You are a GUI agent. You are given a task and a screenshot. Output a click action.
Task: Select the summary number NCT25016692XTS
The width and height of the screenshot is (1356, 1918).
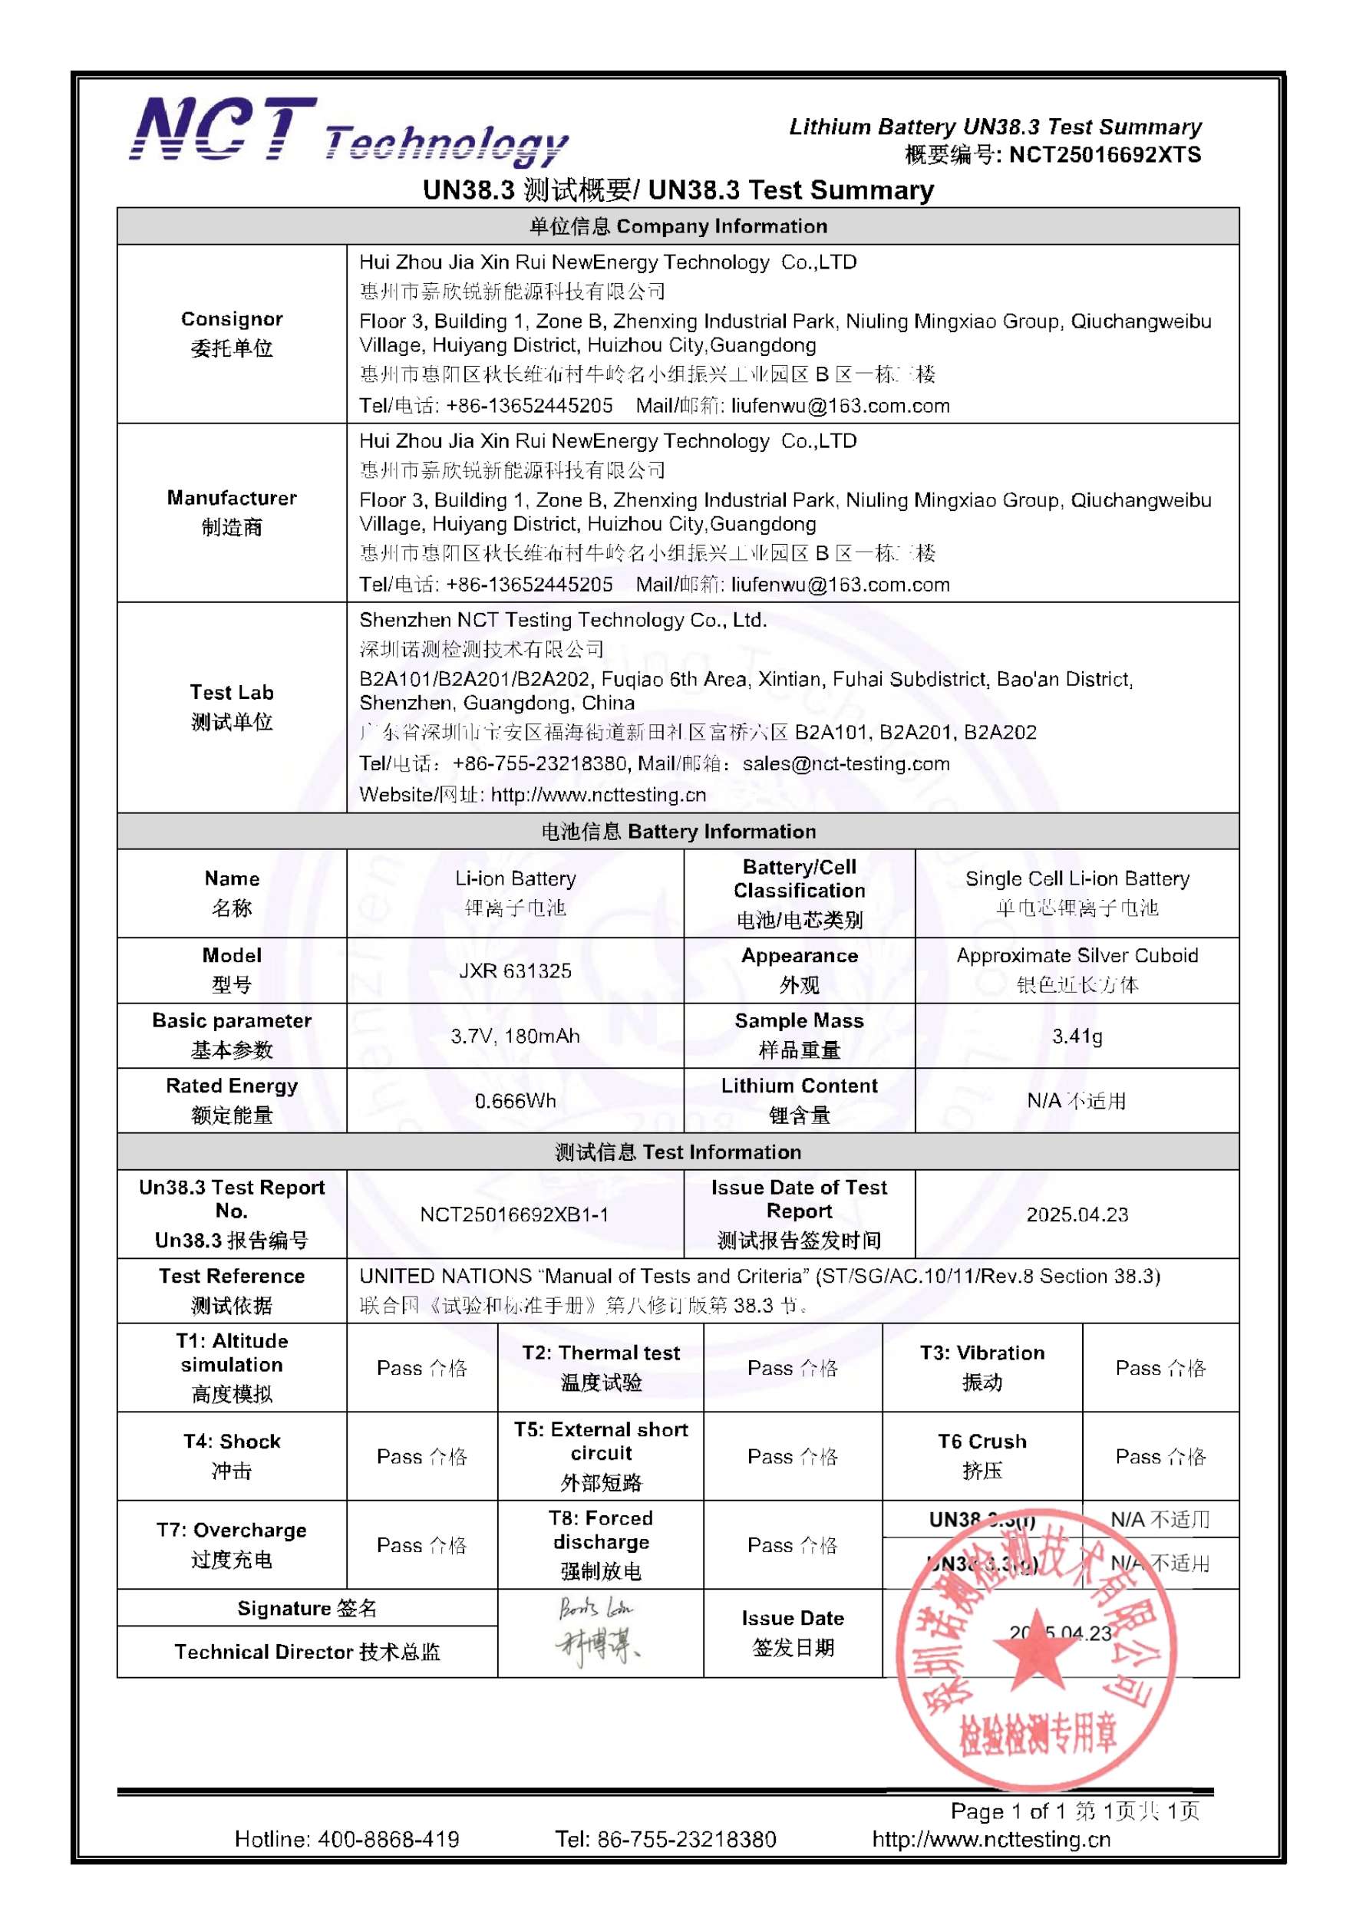tap(1104, 154)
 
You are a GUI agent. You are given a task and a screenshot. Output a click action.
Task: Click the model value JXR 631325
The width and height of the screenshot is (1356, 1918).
tap(515, 971)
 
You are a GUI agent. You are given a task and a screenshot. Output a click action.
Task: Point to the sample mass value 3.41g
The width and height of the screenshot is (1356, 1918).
tap(1076, 1036)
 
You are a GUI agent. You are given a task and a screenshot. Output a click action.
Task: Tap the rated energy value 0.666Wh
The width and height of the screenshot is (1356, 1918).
tap(515, 1101)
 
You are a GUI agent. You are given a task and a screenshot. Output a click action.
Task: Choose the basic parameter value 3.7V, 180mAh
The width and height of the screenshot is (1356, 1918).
tap(515, 1036)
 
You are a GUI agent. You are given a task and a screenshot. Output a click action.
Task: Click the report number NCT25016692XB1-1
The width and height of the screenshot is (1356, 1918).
tap(515, 1214)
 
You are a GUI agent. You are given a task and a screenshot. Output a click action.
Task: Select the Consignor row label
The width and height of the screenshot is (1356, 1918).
tap(232, 333)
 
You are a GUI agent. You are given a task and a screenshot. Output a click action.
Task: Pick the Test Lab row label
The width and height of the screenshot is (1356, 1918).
tap(232, 707)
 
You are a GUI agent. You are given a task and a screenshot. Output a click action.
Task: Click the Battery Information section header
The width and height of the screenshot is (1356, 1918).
tap(678, 831)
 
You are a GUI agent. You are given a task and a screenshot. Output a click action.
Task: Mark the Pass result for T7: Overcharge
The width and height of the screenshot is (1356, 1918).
tap(421, 1545)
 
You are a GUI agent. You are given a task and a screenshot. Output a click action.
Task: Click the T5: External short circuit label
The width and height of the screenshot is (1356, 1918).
tap(601, 1456)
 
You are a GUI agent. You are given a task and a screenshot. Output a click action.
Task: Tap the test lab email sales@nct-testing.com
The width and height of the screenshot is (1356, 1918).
tap(846, 763)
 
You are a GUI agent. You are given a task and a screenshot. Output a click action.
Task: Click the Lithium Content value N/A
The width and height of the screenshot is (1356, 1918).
tap(1076, 1101)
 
